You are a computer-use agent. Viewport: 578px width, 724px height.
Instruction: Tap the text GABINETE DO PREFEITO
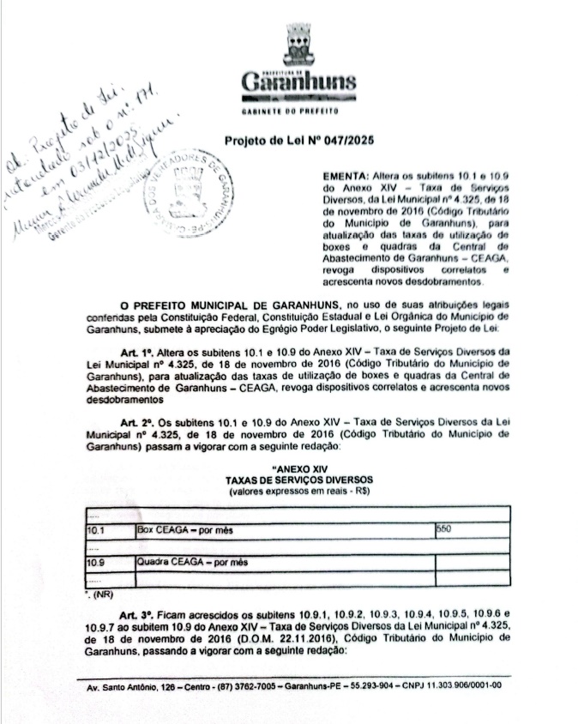click(297, 111)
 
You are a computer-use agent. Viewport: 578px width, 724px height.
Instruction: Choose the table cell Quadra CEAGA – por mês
click(192, 562)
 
